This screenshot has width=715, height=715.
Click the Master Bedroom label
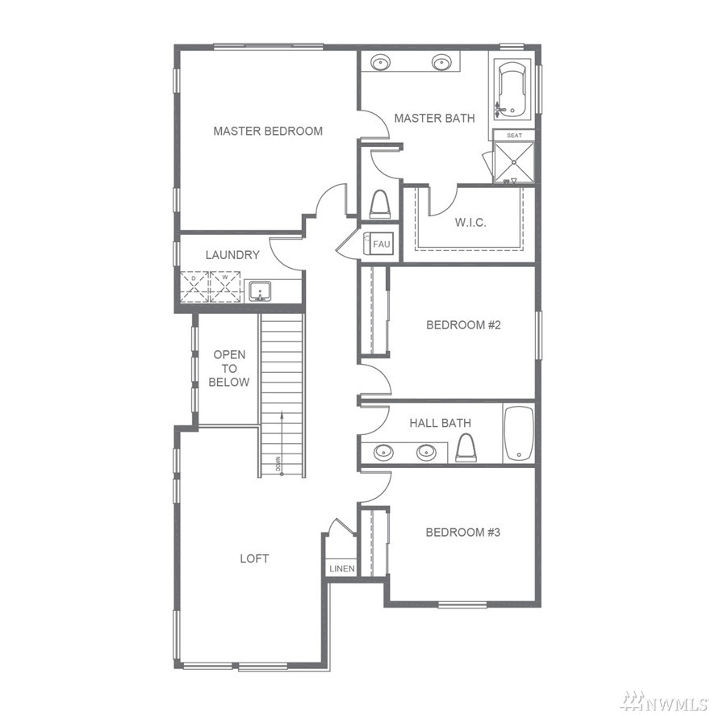[x=268, y=132]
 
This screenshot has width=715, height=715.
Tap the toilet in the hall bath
[x=466, y=447]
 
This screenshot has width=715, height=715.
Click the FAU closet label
[x=381, y=244]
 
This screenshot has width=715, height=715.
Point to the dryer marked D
[x=194, y=286]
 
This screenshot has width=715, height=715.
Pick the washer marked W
[x=225, y=286]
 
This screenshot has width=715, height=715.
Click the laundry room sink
[x=260, y=291]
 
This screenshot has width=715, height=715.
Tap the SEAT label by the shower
[x=514, y=136]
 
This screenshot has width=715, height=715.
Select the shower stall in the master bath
[x=514, y=162]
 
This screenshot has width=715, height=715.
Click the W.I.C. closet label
[x=470, y=223]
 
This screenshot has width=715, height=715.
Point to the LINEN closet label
[x=342, y=569]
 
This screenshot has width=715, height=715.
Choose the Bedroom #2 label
[x=463, y=324]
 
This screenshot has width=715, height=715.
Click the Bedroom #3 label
[x=463, y=532]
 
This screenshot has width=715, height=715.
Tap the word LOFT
[x=254, y=558]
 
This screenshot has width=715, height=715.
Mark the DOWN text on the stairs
[x=278, y=464]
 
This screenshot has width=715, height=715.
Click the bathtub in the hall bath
[x=518, y=433]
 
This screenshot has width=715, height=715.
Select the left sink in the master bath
[x=380, y=62]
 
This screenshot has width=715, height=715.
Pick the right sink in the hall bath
[x=426, y=453]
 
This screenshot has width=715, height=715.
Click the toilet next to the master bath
[x=380, y=204]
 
